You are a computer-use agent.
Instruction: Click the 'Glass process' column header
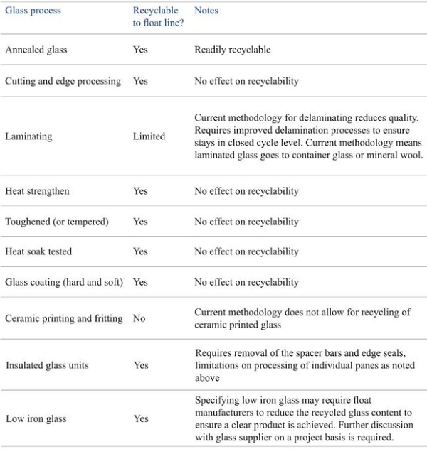33,11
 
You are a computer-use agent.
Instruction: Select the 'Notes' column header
206,11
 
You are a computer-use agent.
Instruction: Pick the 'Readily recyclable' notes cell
233,50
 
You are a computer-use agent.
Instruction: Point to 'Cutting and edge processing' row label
63,81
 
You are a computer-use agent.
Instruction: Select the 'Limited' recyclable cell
149,136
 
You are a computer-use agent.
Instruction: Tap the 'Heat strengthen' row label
37,191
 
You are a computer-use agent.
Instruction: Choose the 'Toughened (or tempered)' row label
57,222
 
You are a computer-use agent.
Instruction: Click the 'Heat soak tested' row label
38,251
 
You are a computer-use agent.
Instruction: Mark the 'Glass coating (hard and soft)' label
64,282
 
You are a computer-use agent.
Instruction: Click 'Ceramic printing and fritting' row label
64,318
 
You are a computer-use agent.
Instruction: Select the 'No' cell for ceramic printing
139,318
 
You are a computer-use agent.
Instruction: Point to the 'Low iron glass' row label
36,418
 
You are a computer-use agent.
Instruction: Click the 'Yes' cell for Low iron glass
140,418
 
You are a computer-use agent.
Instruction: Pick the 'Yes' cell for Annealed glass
140,50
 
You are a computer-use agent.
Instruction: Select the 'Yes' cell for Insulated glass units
140,365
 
